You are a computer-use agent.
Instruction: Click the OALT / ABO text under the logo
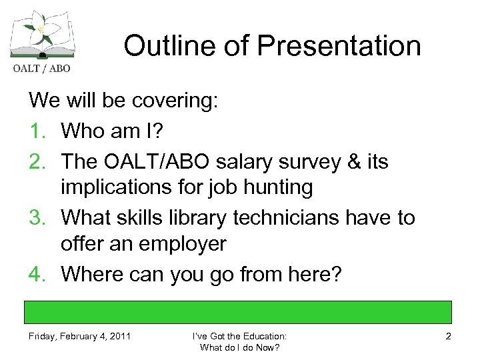[x=39, y=67]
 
